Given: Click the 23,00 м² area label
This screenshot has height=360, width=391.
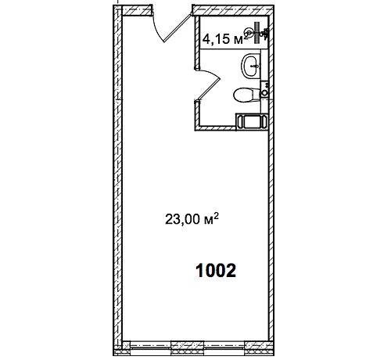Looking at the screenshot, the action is (192, 219).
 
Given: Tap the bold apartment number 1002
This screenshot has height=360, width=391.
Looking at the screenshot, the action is (216, 271).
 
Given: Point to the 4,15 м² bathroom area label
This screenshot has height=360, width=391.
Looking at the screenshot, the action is (225, 38).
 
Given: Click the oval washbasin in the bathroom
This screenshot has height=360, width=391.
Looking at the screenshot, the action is (251, 66).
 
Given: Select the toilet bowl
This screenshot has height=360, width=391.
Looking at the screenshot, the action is (246, 95).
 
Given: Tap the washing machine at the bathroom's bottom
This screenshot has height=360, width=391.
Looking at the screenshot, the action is (252, 121).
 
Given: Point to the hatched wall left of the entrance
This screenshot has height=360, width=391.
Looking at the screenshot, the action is (138, 10).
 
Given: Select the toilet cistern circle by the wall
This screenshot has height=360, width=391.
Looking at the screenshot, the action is (264, 92).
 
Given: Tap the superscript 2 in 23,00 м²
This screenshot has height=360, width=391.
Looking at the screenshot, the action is (216, 216).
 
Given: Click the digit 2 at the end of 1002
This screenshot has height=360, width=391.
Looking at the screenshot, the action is (231, 271).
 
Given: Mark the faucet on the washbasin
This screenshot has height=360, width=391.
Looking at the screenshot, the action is (255, 66).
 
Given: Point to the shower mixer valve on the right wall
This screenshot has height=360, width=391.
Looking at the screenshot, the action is (265, 33).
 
